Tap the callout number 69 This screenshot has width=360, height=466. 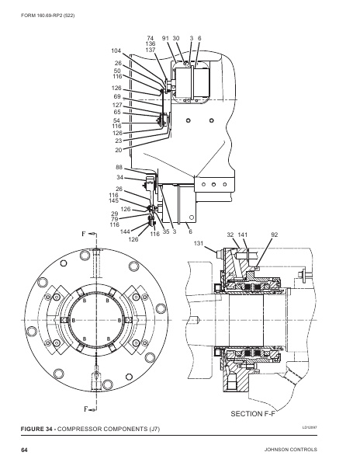click(118, 97)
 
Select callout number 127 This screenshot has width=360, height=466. click(117, 105)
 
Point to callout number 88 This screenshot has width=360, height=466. click(119, 168)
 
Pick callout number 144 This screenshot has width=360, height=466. click(126, 231)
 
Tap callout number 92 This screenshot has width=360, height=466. click(274, 234)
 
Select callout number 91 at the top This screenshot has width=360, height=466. click(165, 37)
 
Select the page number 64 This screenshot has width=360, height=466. click(25, 450)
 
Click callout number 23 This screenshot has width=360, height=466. click(119, 141)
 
